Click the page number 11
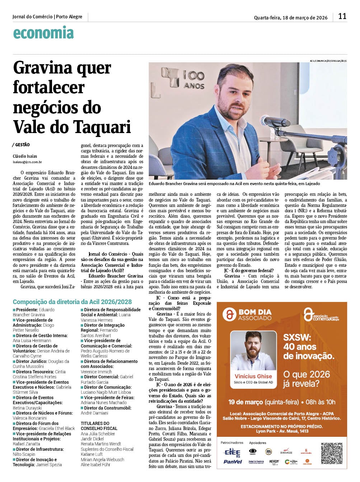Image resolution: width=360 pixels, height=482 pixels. tap(342, 16)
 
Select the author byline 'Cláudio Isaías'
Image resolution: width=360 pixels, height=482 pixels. tap(25, 156)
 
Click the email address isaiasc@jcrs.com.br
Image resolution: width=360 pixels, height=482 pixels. tap(27, 162)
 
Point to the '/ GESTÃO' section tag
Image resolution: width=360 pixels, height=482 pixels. tap(21, 145)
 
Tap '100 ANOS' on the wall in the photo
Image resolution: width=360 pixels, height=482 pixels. tap(193, 80)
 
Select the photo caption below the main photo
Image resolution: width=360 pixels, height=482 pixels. tap(234, 184)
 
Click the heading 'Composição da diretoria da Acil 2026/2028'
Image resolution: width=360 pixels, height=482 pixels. tap(72, 302)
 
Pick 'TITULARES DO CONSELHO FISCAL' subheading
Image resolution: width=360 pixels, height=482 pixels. tap(99, 426)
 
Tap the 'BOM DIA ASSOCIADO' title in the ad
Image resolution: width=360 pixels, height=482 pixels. tap(255, 315)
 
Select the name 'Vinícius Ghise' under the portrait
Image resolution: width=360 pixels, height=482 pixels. tap(253, 376)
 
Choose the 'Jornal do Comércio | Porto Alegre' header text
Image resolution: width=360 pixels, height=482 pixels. tap(47, 17)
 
